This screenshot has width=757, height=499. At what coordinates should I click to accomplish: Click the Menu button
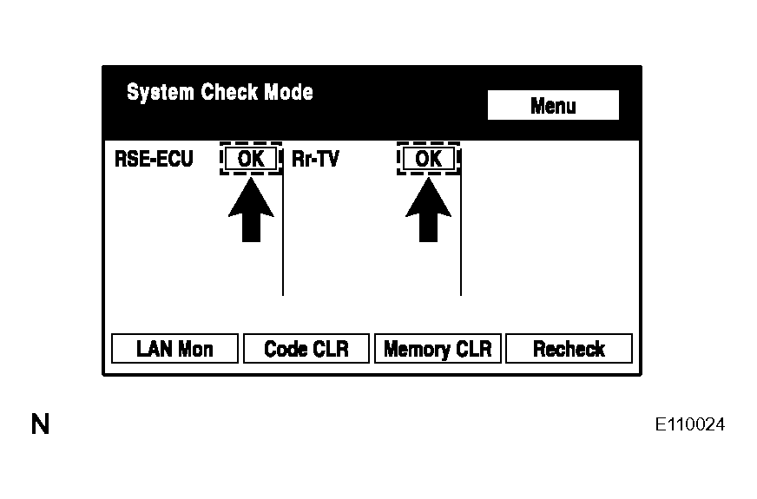click(553, 105)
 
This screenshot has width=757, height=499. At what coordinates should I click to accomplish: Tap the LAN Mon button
click(174, 348)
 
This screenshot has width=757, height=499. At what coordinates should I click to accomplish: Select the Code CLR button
click(306, 348)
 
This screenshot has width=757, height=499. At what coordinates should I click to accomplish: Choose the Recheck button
click(569, 348)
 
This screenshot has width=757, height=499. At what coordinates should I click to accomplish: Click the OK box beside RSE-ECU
click(251, 158)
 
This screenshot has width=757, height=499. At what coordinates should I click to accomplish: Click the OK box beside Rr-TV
click(428, 158)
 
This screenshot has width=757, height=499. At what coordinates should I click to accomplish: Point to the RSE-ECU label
click(154, 159)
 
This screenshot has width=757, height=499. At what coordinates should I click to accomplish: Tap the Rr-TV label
click(315, 159)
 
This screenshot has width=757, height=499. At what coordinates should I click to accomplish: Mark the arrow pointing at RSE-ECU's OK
click(251, 210)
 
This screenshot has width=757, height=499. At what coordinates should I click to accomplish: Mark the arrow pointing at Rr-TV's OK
click(428, 210)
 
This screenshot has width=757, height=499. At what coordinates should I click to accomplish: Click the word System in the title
click(161, 92)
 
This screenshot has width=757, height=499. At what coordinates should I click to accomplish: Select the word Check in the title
click(229, 92)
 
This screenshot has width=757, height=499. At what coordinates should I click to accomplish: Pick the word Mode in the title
click(289, 92)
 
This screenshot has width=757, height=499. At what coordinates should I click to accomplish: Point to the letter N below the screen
click(40, 424)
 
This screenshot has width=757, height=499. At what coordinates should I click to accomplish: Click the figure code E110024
click(690, 424)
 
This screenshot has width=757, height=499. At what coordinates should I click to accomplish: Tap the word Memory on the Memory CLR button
click(414, 350)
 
